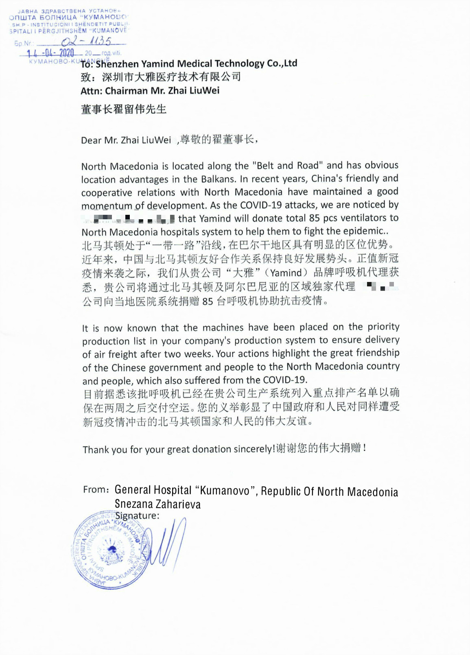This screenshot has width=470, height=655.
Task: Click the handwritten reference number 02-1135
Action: [x=86, y=41]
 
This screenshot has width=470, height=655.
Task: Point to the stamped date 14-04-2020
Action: [x=50, y=53]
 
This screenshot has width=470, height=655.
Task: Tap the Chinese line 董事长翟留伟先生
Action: [x=124, y=109]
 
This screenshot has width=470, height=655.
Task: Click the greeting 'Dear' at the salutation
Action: [x=91, y=140]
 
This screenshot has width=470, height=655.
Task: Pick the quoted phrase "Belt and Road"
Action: [x=288, y=166]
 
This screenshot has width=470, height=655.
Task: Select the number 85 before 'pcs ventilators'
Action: [x=315, y=218]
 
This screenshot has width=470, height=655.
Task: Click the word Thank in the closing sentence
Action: [x=96, y=450]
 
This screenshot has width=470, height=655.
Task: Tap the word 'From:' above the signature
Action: [x=96, y=490]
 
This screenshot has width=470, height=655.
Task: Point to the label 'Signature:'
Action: [x=137, y=516]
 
